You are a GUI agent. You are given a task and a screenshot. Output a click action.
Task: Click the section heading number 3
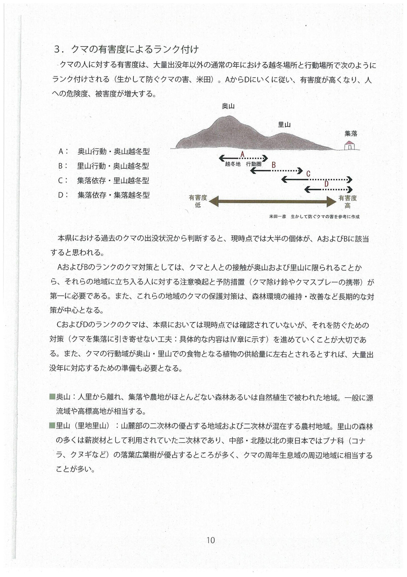[x=58, y=50]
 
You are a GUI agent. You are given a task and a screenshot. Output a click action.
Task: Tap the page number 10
[x=210, y=540]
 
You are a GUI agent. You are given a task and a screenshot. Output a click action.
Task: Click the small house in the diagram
[x=349, y=145]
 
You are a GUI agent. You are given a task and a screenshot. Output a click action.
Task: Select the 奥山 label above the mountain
[x=228, y=106]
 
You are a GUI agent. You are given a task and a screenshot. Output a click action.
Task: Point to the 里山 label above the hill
[x=284, y=125]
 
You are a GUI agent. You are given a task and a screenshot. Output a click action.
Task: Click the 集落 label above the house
[x=351, y=134]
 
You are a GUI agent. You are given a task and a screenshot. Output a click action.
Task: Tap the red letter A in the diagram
[x=242, y=155]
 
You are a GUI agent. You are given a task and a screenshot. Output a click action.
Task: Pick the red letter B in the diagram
[x=274, y=165]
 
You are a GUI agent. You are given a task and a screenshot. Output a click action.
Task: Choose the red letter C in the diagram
[x=308, y=174]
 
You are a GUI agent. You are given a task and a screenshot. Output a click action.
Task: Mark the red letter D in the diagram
[x=326, y=184]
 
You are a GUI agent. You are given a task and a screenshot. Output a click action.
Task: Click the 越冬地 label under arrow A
[x=233, y=164]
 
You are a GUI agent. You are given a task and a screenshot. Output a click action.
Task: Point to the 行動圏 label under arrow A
[x=254, y=164]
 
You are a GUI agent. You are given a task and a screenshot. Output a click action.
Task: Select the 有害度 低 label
[x=198, y=201]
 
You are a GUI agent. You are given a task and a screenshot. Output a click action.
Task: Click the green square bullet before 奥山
[x=52, y=397]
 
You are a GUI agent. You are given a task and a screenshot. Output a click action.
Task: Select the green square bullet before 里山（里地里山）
[x=52, y=425]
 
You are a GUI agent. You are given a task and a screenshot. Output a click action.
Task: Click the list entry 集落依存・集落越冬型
[x=113, y=195]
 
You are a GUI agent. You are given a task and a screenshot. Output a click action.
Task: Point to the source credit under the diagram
[x=314, y=216]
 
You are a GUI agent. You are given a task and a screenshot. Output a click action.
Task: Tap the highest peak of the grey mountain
[x=229, y=117]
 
